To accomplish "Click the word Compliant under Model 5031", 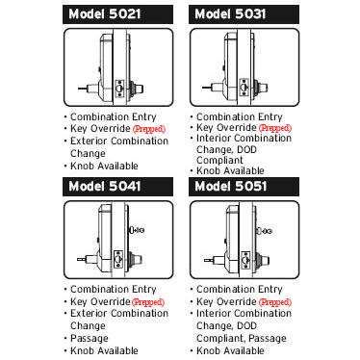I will tap(224, 161).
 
